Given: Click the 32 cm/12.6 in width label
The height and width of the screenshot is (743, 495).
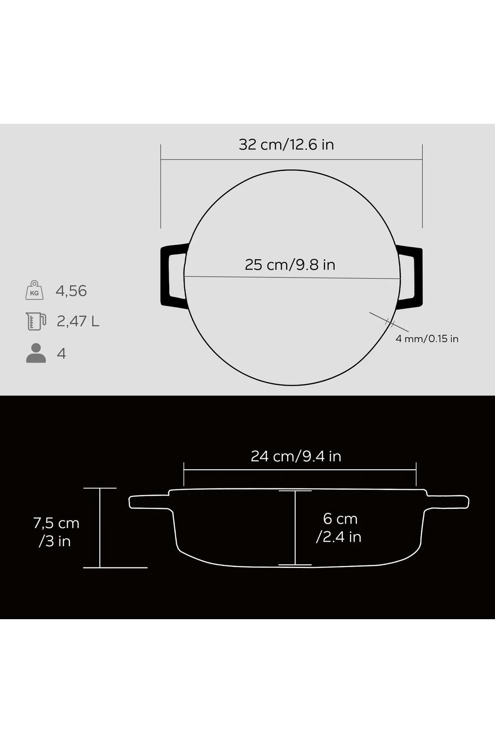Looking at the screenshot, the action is click(x=286, y=145).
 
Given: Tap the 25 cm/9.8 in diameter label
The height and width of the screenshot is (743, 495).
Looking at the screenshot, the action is click(x=290, y=265).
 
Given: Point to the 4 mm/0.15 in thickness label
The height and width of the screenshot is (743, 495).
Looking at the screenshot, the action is click(x=427, y=339).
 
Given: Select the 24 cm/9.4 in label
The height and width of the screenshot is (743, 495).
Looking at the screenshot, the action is click(x=296, y=456).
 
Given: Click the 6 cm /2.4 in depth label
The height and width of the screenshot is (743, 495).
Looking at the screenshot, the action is click(x=339, y=528).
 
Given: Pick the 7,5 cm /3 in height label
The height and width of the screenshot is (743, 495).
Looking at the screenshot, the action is click(x=56, y=532).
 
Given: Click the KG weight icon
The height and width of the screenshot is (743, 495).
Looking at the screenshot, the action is click(x=35, y=290).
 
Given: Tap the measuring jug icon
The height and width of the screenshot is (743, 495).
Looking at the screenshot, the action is click(x=35, y=321).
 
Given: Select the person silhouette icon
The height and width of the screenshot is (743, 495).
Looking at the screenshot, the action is click(x=36, y=353).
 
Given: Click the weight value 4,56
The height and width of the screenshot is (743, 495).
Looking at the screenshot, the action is click(x=71, y=291).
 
